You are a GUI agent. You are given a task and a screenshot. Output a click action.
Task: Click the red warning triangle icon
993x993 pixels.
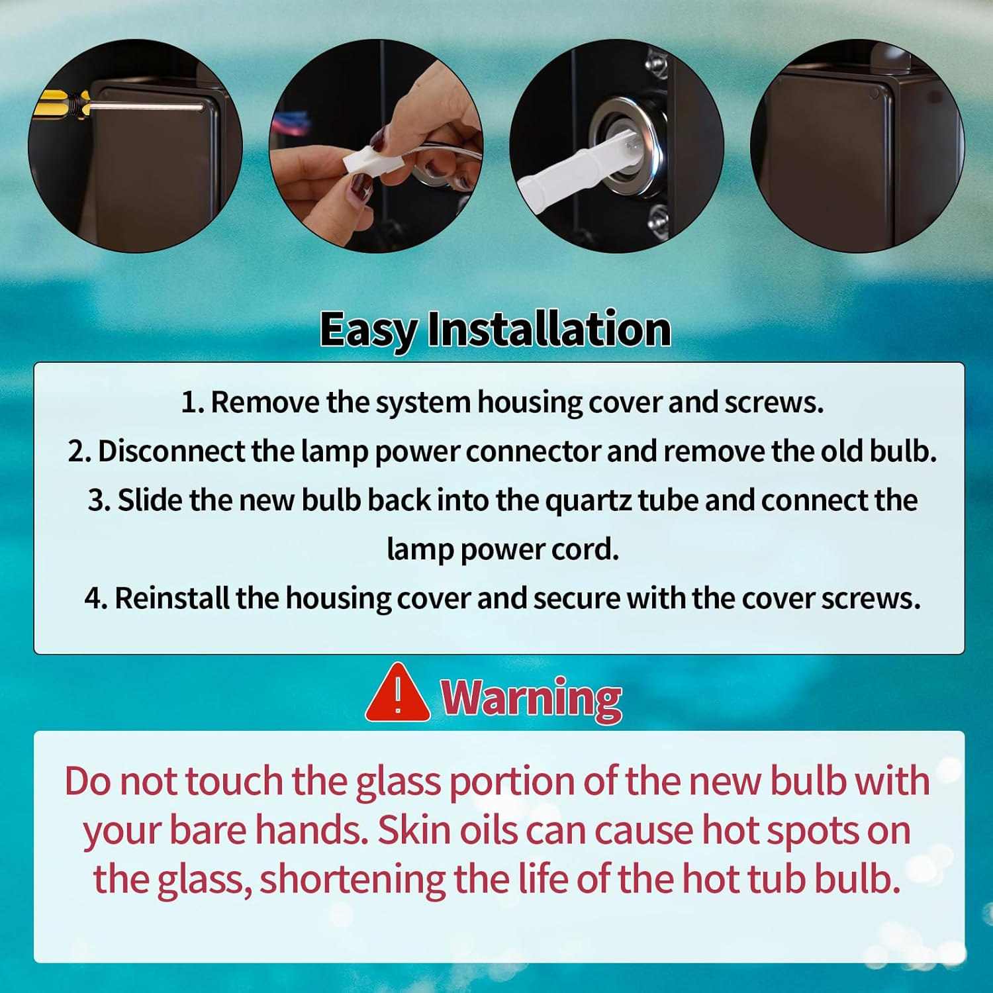[x=397, y=695]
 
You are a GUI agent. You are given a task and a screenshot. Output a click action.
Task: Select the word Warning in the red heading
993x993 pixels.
[x=532, y=698]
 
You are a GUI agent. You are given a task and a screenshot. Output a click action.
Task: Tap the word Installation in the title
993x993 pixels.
[x=549, y=329]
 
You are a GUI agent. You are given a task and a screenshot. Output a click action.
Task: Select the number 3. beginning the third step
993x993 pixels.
[x=99, y=500]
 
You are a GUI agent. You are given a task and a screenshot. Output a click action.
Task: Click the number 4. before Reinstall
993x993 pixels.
[x=95, y=598]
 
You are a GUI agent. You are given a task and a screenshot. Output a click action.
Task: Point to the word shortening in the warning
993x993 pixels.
[x=352, y=879]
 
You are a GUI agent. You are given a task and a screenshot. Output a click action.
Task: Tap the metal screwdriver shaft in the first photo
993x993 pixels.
[x=146, y=105]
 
